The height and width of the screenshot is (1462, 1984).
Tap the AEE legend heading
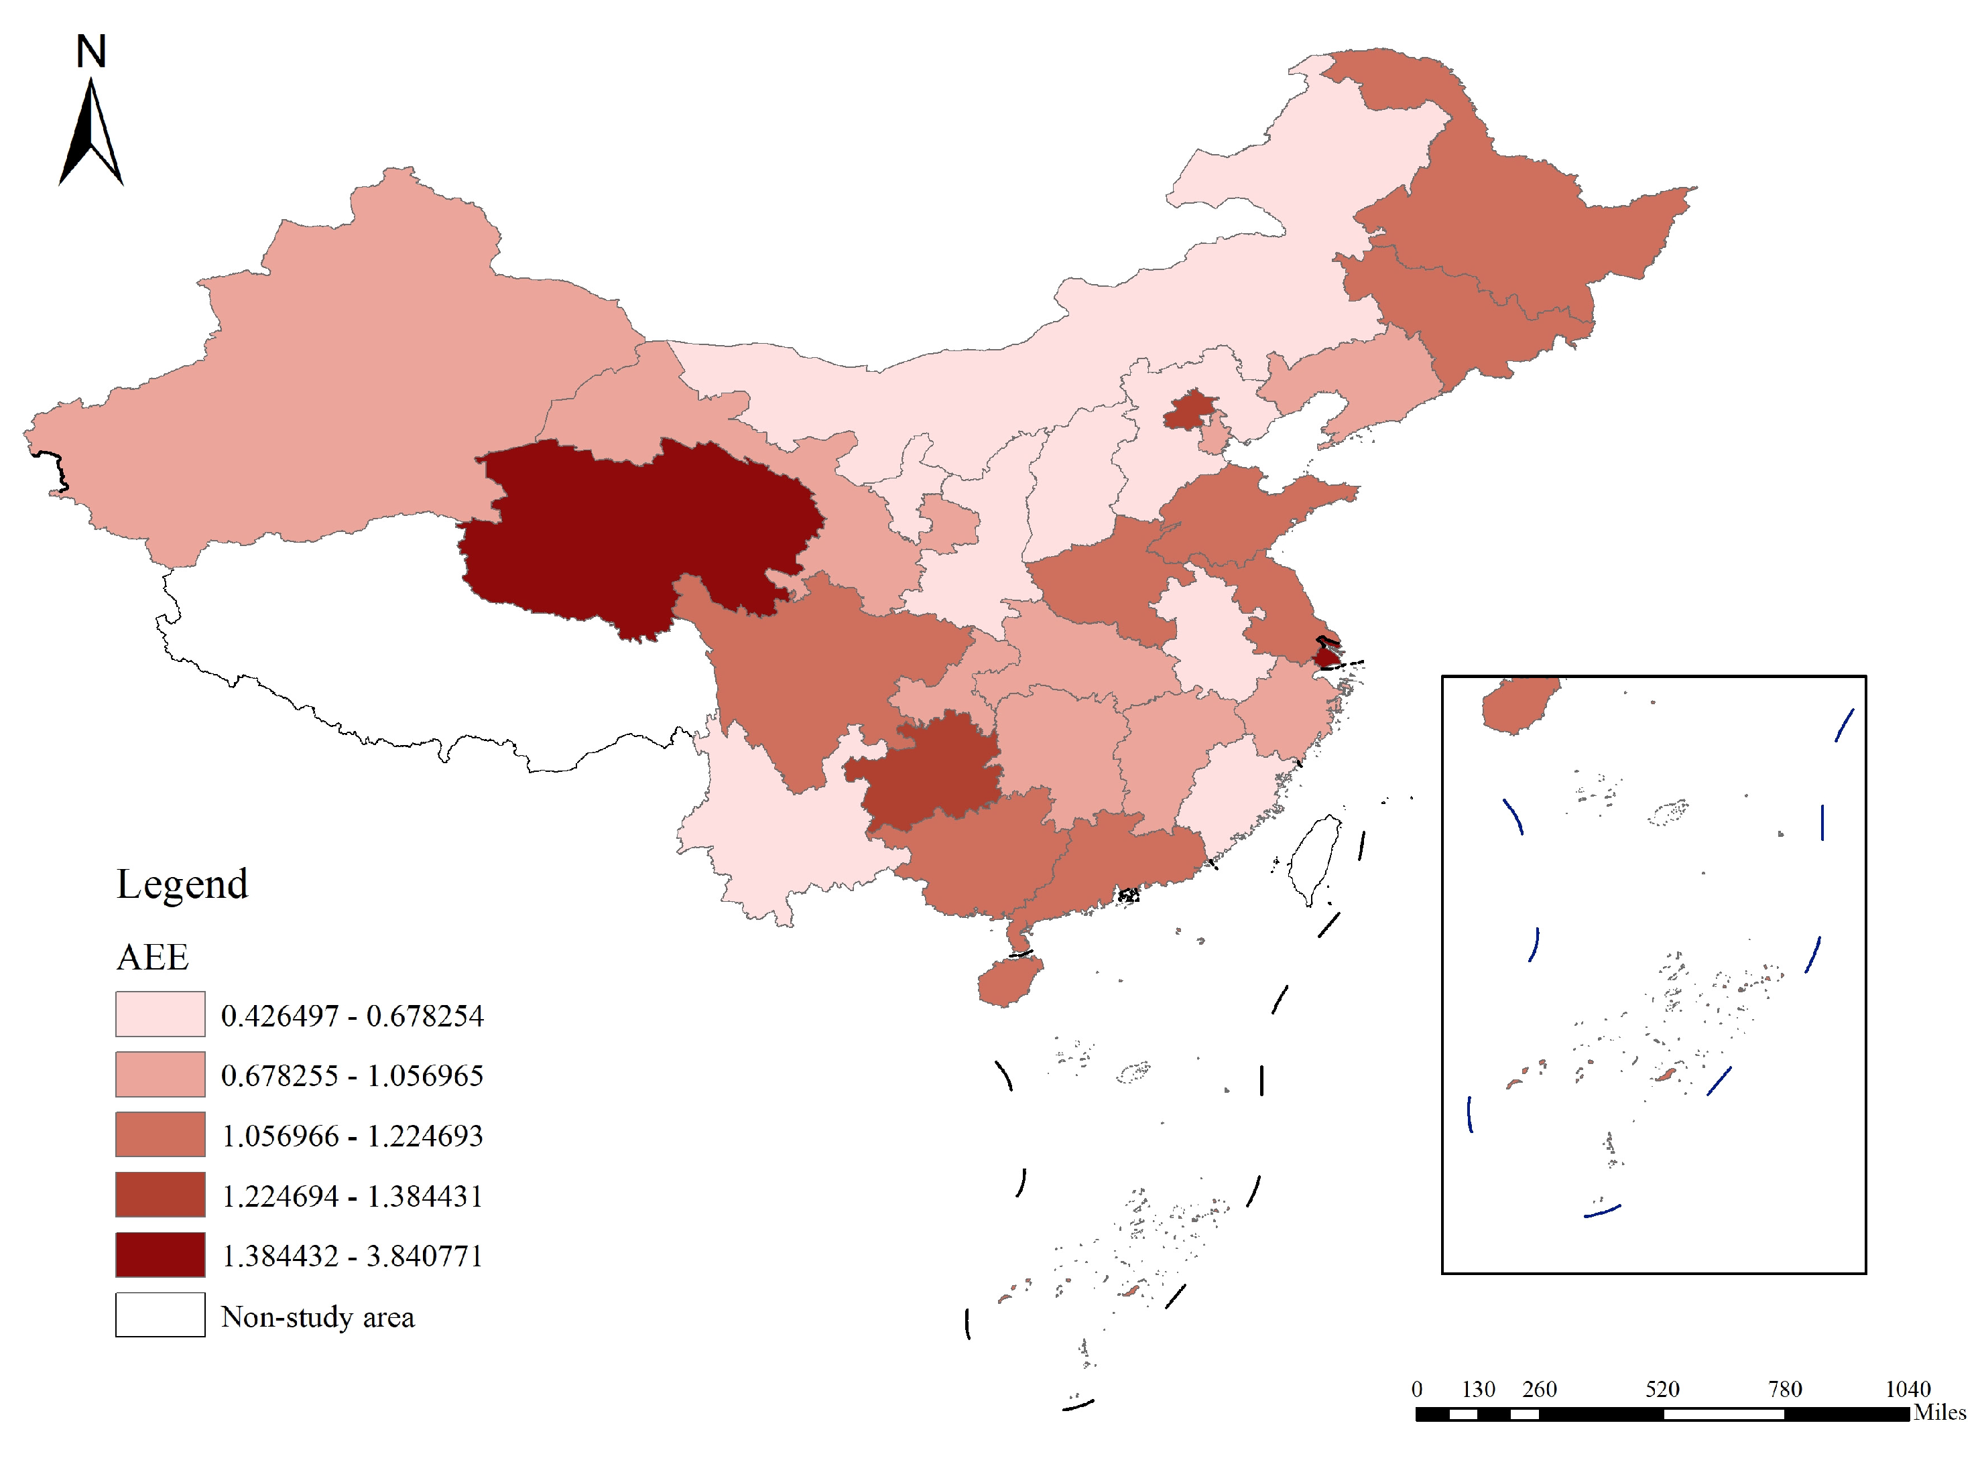click(x=152, y=957)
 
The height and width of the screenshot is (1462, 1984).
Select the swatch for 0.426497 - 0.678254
click(x=160, y=1013)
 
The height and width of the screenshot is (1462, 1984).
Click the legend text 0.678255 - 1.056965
click(x=351, y=1075)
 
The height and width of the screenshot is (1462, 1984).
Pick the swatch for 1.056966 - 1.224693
click(x=160, y=1134)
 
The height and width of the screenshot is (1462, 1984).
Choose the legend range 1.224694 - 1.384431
click(x=351, y=1195)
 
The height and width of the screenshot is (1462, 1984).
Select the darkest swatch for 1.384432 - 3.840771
click(x=160, y=1254)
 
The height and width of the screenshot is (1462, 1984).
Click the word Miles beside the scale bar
click(x=1939, y=1412)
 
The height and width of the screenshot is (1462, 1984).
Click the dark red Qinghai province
click(x=637, y=531)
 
